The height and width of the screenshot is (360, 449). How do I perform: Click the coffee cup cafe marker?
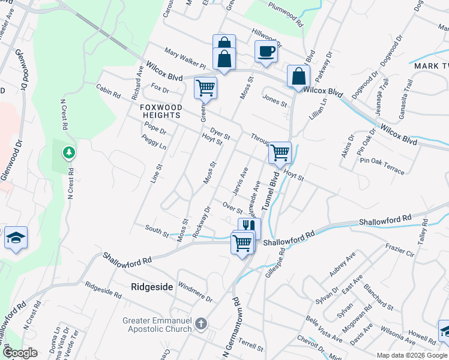266,52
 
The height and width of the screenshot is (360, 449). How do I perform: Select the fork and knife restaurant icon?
249,227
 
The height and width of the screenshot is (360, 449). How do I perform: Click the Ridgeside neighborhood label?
152,287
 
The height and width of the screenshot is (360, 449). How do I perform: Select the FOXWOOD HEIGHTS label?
161,111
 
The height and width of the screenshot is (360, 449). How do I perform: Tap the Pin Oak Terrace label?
382,165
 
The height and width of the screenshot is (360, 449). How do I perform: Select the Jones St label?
275,100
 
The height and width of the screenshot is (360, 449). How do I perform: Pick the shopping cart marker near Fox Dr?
205,88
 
